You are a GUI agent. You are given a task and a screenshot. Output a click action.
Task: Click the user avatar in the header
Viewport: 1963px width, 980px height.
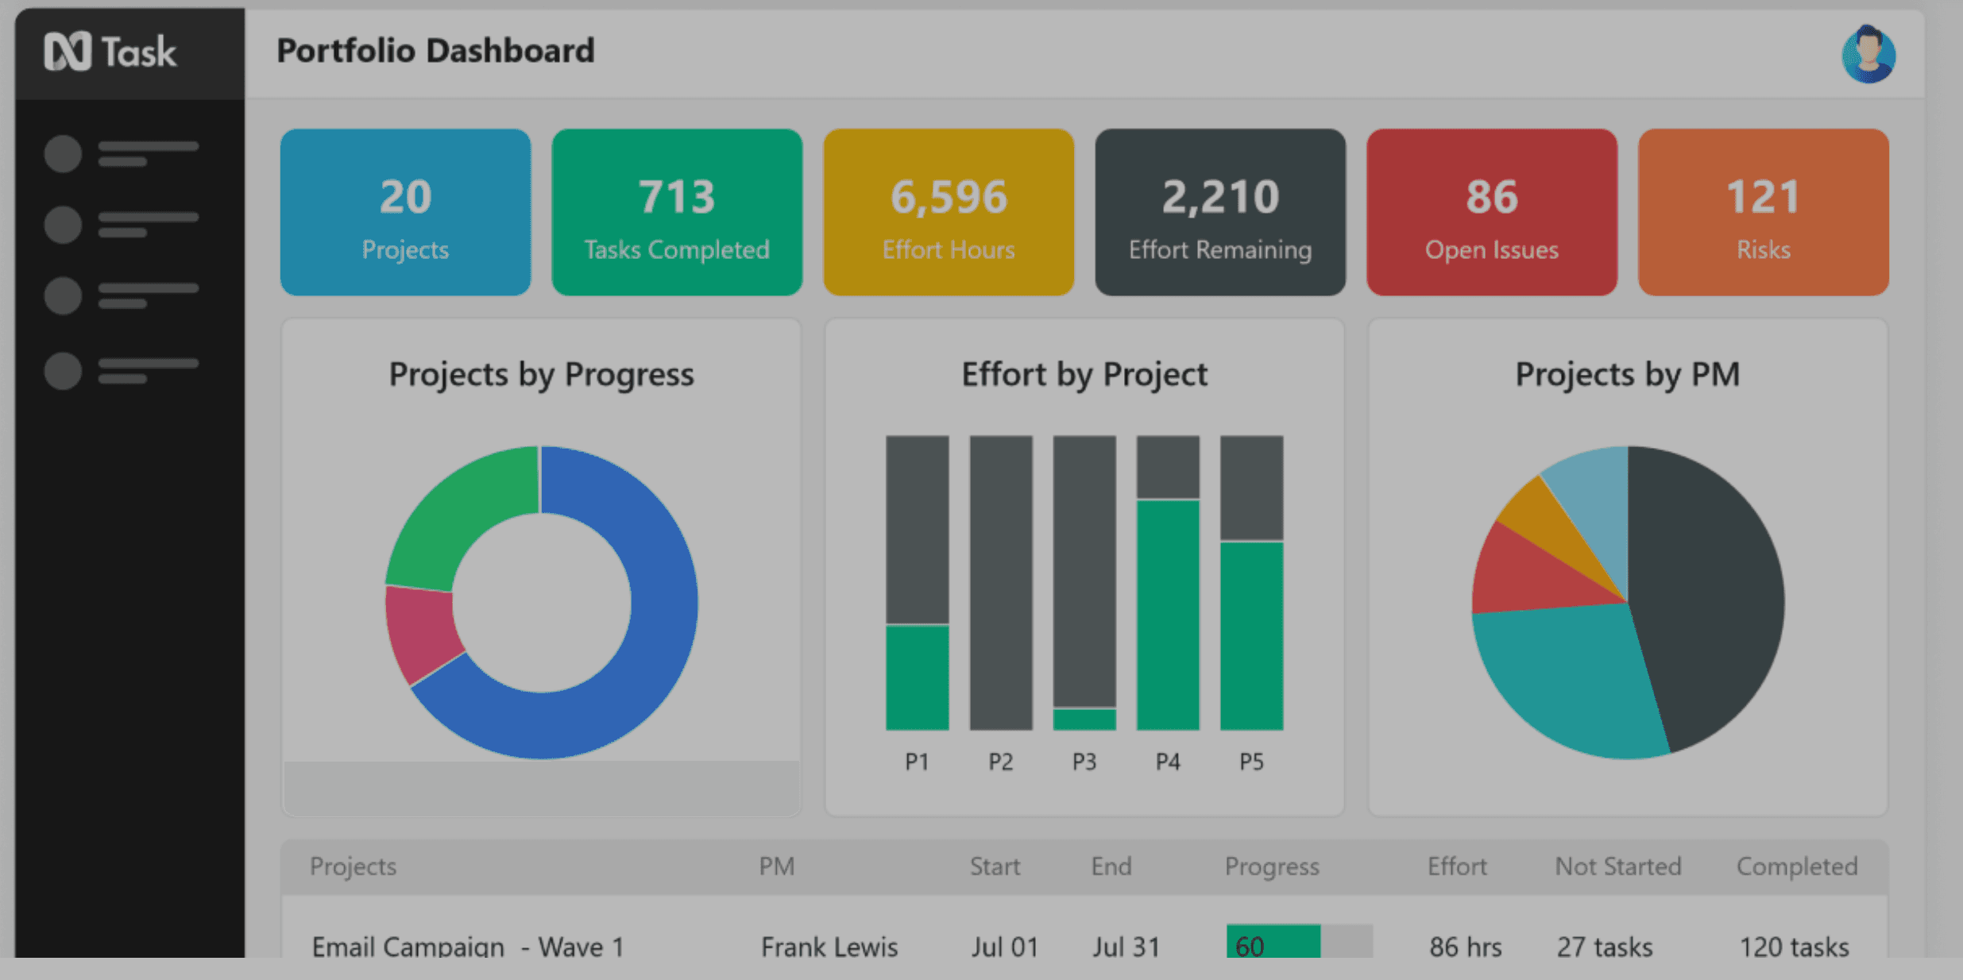1868,54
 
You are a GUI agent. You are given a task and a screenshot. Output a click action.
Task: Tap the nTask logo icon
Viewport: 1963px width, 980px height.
68,52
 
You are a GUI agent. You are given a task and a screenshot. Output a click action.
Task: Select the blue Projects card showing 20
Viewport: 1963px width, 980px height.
405,212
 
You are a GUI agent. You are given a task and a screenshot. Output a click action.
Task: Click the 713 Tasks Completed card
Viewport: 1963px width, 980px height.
677,212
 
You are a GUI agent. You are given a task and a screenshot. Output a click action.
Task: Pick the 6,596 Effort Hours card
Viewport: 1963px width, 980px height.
949,212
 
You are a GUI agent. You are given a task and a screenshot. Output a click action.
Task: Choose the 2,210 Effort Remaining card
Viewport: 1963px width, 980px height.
1220,212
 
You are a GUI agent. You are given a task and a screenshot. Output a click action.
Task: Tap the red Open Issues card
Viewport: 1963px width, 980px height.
1492,212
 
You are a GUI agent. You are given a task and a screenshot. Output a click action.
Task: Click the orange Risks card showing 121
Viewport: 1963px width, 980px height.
1763,212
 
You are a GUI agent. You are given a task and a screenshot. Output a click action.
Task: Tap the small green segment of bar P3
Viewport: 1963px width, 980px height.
1084,719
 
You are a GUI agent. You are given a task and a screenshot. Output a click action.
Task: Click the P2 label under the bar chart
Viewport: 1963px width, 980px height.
1001,762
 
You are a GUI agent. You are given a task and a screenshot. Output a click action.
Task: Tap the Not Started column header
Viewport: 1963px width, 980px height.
1617,866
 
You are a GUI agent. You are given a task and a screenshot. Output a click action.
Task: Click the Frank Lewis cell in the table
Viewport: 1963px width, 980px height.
829,946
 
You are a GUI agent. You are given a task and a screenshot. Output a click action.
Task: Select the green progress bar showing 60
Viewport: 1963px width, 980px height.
1273,942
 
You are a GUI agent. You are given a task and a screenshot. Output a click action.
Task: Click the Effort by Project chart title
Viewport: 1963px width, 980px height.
1084,374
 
